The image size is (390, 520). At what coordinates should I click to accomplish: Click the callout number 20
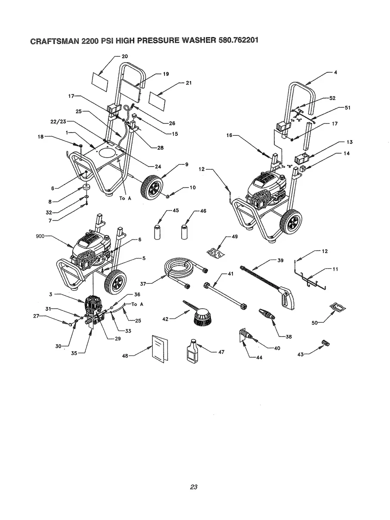pyautogui.click(x=124, y=56)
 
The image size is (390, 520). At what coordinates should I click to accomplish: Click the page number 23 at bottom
pyautogui.click(x=193, y=487)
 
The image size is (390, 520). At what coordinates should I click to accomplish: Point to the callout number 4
pyautogui.click(x=335, y=72)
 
